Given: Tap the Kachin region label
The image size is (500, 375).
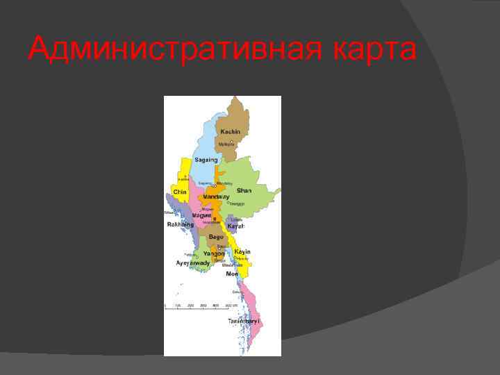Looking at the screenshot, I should pos(230,131).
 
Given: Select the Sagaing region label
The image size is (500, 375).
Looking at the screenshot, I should pos(206,160).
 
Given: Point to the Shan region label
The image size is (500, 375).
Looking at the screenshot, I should pos(244,190).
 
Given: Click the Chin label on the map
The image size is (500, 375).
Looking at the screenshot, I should pos(181,192).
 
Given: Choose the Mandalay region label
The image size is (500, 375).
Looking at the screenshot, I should pos(216,197).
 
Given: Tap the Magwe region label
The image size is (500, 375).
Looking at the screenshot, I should pos(201,215).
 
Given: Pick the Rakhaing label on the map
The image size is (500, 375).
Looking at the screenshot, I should pos(180,224).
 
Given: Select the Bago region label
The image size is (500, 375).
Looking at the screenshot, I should pos(216,237).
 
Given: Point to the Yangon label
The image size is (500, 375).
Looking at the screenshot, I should pos(214,253).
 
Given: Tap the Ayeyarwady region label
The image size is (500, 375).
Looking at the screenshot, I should pos(192,263).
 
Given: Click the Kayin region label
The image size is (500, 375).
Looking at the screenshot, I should pos(242,251).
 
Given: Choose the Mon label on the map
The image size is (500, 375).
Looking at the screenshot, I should pos(232,274).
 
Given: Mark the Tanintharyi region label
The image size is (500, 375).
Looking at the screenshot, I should pos(244,322).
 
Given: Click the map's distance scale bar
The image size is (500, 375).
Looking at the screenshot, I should pos(201,306).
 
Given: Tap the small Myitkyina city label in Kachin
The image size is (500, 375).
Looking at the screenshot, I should pos(226,144).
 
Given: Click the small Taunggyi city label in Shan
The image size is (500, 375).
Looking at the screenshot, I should pos(237,203).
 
